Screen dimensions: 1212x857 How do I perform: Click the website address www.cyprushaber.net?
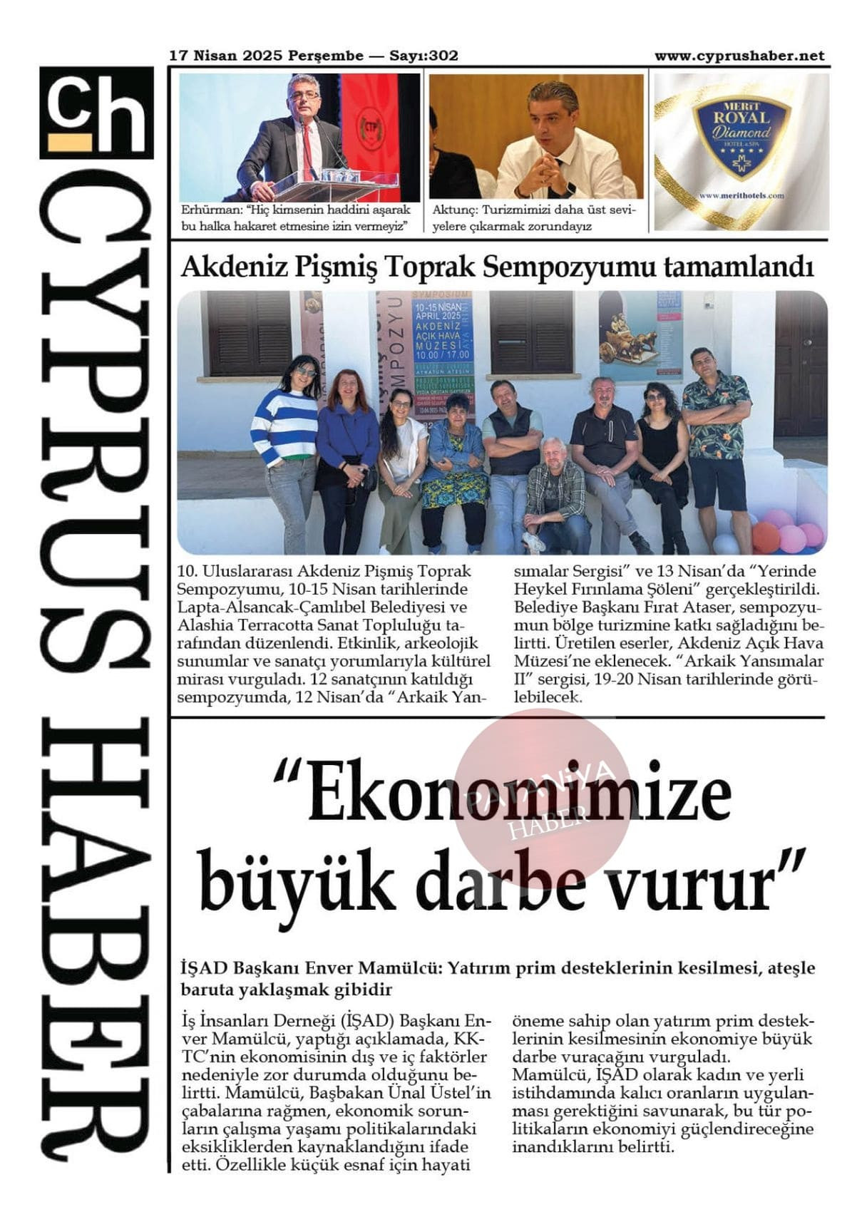click(x=739, y=56)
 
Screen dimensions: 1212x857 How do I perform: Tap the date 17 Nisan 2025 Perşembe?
click(x=266, y=56)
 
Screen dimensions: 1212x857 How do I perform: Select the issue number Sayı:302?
click(x=424, y=56)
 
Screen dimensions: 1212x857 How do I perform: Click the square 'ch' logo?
click(x=97, y=112)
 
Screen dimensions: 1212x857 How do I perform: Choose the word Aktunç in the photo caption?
click(x=454, y=210)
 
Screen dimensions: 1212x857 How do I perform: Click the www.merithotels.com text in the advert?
click(x=741, y=195)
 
